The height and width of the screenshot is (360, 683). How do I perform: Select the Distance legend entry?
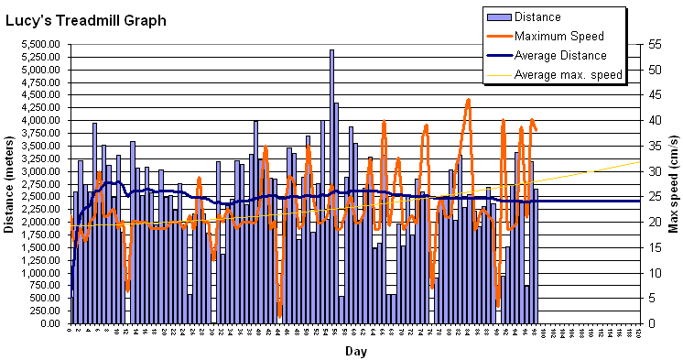[537, 16]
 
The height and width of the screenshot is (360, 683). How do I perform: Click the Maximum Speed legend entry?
[558, 36]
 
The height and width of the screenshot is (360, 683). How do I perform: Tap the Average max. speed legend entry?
[568, 74]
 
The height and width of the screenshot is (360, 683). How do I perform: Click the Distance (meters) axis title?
[10, 183]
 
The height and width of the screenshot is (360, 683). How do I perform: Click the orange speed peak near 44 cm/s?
[468, 100]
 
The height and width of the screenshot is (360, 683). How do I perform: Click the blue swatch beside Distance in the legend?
[498, 16]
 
